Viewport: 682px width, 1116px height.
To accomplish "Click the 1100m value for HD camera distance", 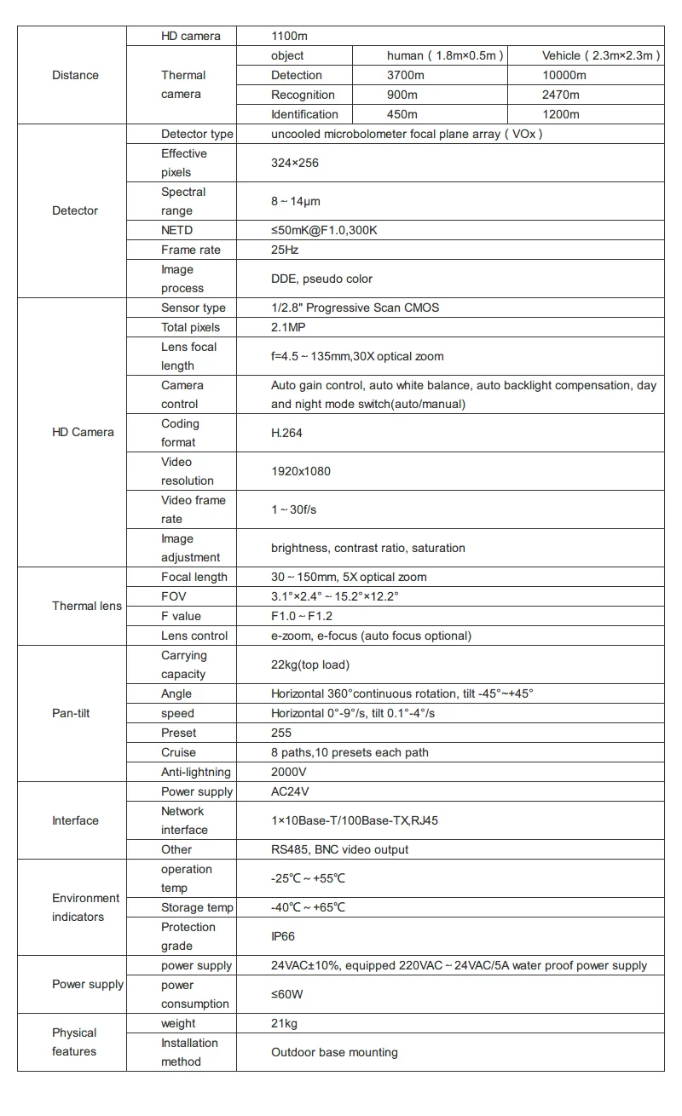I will [288, 36].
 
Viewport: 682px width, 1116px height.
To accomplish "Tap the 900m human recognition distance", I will [402, 95].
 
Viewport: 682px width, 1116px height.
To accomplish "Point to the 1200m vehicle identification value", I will [560, 114].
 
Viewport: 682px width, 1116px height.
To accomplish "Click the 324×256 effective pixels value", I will [295, 163].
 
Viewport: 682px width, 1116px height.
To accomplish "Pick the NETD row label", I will [177, 230].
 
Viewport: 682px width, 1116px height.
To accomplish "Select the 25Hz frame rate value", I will [285, 250].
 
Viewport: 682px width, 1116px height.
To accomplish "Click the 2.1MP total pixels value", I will [288, 327].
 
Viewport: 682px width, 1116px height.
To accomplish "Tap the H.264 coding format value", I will [286, 433].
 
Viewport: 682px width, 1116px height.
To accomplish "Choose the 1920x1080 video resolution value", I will [301, 471].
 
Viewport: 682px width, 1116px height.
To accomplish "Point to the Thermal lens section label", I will [87, 606].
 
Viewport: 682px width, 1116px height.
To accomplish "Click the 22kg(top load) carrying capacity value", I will [310, 664].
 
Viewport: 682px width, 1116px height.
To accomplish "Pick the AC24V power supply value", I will [288, 791].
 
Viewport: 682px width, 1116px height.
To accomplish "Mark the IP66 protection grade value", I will [283, 936].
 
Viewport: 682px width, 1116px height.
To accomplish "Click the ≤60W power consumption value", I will [287, 994].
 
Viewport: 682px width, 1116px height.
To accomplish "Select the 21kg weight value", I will [284, 1023].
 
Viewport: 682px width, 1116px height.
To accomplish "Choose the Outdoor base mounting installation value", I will [334, 1052].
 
